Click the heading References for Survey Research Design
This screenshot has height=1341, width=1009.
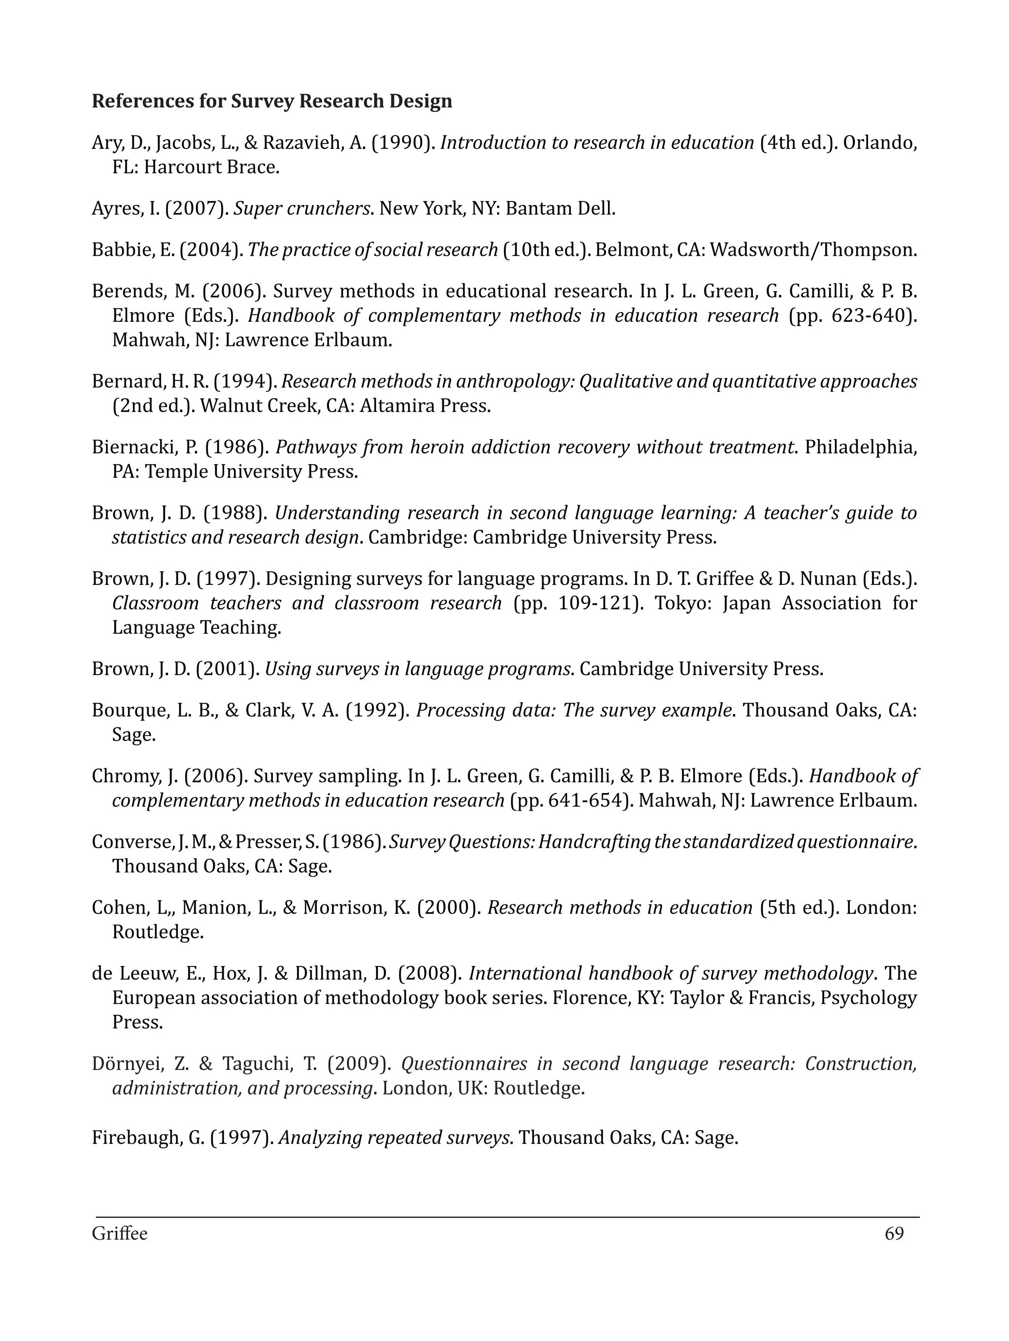click(271, 101)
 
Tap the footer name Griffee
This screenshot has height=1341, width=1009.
click(119, 1234)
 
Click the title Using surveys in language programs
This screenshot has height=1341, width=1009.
click(418, 669)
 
